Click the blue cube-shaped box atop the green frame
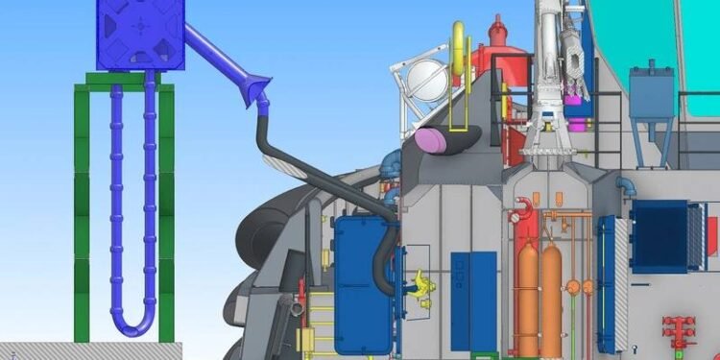click(x=139, y=35)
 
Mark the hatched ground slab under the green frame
click(x=77, y=350)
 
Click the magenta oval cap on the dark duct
click(x=431, y=142)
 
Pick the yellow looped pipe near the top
click(x=461, y=58)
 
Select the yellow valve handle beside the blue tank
click(x=419, y=284)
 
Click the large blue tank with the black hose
click(x=360, y=283)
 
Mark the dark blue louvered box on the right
click(x=660, y=235)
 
